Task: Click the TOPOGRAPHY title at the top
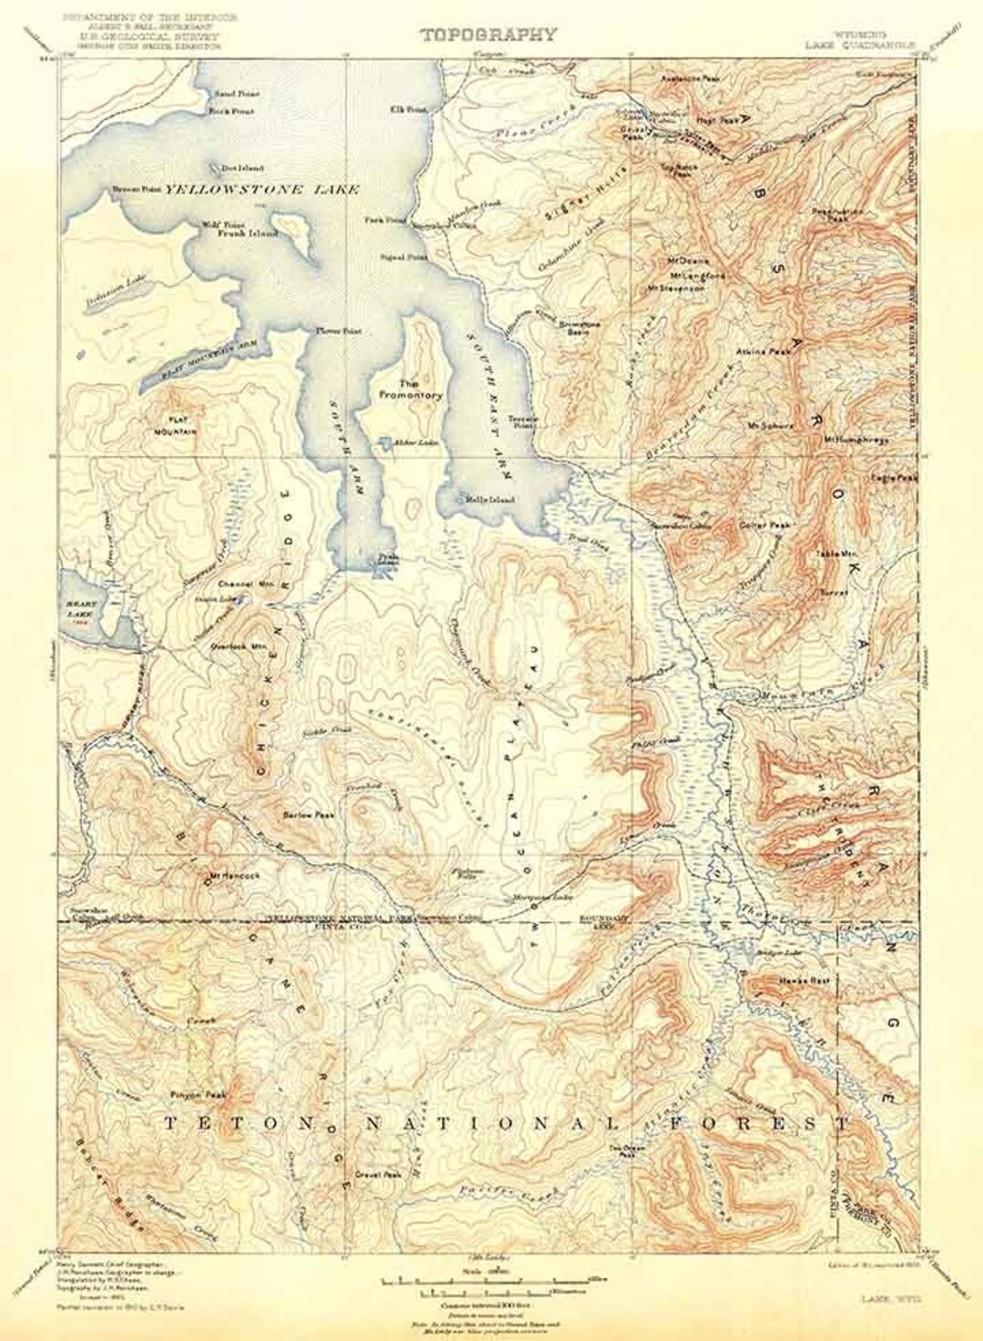(488, 36)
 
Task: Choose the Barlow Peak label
(309, 815)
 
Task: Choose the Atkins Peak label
(765, 350)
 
